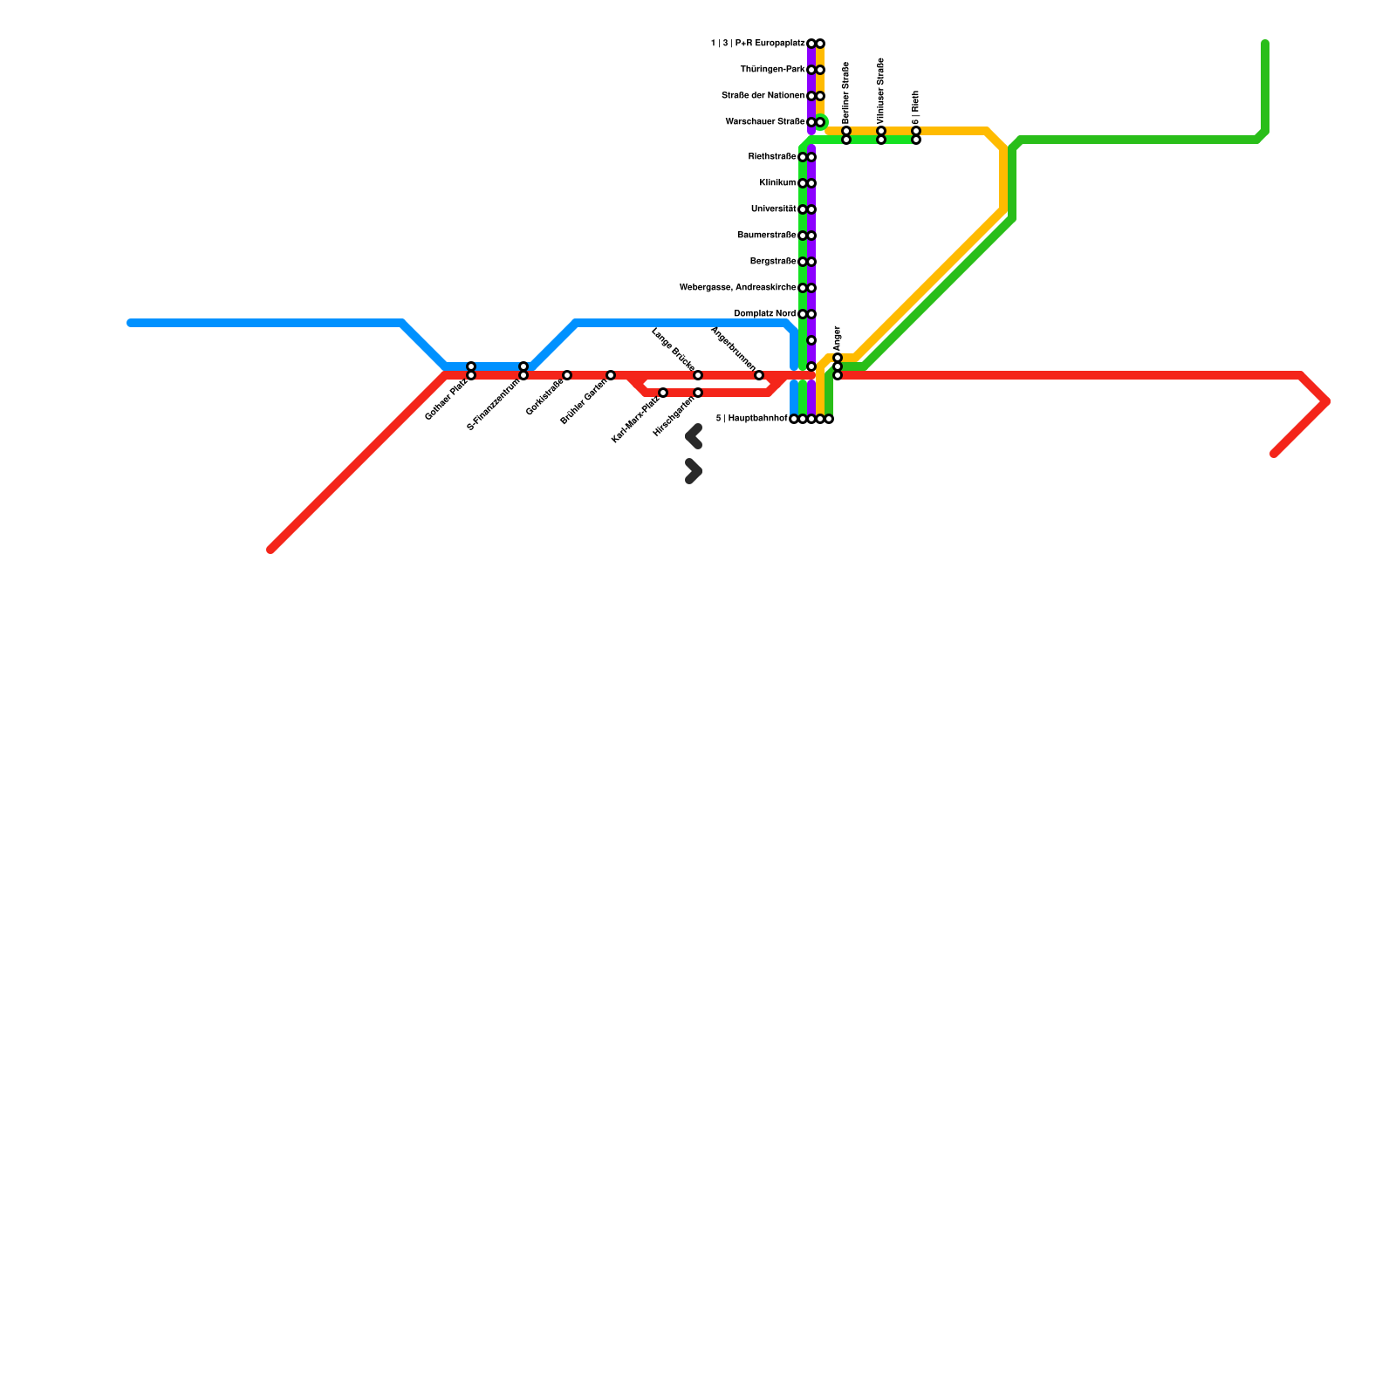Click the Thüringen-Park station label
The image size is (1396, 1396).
[772, 70]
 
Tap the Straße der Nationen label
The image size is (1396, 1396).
[763, 96]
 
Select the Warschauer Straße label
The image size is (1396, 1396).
[764, 122]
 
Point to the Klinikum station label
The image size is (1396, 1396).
[777, 183]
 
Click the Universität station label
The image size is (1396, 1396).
[773, 209]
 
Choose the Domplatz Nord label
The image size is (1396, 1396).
[764, 314]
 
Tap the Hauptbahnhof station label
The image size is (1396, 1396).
[751, 419]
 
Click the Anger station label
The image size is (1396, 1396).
[838, 338]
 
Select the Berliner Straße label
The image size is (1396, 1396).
[846, 92]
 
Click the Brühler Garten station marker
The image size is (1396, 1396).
[611, 375]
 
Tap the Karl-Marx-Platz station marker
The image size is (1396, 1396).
[663, 393]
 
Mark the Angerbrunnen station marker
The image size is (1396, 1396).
[759, 375]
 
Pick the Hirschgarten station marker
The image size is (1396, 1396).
[698, 393]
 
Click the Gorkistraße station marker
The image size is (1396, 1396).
[567, 375]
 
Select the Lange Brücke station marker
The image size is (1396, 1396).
[698, 375]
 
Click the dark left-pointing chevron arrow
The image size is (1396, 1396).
[694, 436]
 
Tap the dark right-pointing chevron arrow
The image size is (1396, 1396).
[694, 471]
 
